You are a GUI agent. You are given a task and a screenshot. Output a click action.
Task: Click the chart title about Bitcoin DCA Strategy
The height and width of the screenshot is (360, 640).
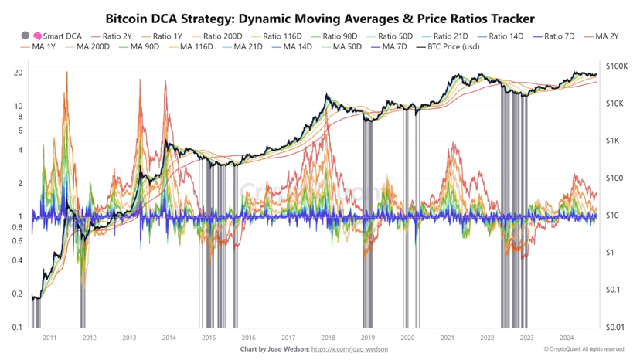tap(319, 17)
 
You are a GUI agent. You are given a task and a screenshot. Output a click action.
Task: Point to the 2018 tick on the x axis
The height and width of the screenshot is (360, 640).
tap(328, 338)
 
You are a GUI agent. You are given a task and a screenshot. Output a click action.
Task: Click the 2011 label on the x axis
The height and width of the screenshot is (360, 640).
tap(49, 338)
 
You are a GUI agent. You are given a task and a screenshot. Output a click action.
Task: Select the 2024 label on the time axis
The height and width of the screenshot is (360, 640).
tap(566, 338)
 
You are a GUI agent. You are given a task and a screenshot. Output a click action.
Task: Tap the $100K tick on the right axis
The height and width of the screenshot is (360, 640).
tap(618, 66)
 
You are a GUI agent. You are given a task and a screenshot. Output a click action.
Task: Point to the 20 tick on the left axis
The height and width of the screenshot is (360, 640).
tap(18, 73)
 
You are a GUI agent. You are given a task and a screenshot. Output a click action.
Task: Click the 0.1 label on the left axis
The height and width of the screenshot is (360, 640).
tap(17, 328)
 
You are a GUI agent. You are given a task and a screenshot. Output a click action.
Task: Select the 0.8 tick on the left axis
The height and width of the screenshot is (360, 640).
tap(17, 227)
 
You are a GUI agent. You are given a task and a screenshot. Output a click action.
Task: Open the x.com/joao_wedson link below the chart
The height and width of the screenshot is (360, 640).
tap(349, 349)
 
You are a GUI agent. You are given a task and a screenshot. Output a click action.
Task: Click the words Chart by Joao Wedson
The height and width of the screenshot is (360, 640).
tap(274, 349)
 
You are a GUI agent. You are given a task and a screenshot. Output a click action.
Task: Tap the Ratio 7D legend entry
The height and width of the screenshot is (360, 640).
tap(559, 36)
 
